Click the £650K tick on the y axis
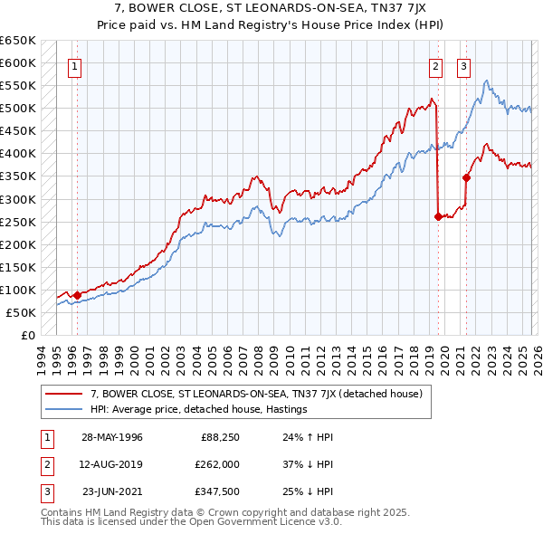pos(18,41)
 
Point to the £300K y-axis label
pos(18,199)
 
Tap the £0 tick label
pos(28,335)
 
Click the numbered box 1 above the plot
pos(74,65)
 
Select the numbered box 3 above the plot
pos(464,65)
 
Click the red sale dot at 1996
pos(78,294)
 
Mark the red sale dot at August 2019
pos(438,216)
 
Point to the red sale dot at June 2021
pos(467,177)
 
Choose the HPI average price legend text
pos(199,409)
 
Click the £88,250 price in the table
pos(221,437)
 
